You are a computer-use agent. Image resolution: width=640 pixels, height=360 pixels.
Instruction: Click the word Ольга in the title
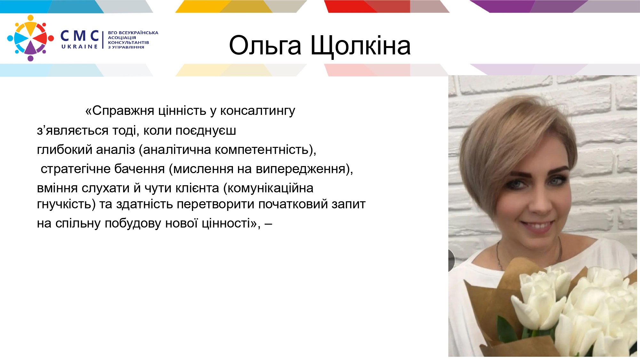(x=265, y=45)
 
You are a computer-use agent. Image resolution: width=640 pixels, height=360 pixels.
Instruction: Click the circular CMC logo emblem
(x=30, y=38)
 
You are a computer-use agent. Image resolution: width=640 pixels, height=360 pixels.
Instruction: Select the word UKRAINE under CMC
(x=79, y=47)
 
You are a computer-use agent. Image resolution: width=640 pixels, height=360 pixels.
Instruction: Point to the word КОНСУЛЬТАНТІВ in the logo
(x=129, y=42)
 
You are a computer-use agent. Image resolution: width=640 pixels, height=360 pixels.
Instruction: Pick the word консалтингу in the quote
(x=258, y=111)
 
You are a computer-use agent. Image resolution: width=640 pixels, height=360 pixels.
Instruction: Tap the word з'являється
(x=73, y=131)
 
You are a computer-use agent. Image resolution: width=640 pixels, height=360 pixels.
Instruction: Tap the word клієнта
(x=197, y=188)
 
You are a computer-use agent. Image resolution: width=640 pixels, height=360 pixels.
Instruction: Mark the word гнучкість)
(x=66, y=204)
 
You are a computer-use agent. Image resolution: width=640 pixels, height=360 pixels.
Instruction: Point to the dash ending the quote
(x=268, y=224)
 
